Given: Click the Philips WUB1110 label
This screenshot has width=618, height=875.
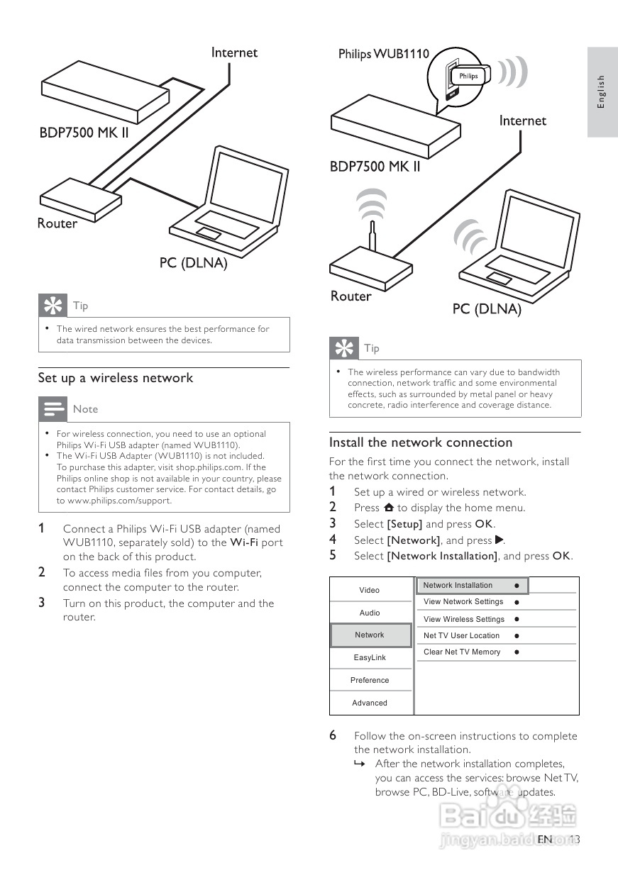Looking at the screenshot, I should [383, 53].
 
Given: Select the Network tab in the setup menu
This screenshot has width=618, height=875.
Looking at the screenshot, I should [370, 635].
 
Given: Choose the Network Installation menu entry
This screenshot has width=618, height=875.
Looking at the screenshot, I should [458, 585].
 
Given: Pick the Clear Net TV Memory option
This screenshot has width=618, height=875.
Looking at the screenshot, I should [462, 652].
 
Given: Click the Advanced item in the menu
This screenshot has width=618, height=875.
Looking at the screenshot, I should [370, 703].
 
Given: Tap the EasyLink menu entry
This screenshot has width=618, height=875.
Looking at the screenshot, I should [370, 657].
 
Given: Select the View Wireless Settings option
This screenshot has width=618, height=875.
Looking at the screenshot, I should [463, 619].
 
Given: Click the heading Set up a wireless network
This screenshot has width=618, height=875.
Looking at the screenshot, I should [115, 378].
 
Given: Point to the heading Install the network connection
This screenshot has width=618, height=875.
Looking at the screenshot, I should [420, 442].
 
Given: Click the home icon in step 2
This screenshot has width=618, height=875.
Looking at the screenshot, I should [388, 508].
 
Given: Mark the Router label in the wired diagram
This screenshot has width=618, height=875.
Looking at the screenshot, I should [57, 223].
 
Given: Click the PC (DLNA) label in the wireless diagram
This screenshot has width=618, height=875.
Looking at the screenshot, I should [487, 309].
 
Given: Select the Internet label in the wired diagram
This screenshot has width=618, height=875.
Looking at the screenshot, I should [234, 52].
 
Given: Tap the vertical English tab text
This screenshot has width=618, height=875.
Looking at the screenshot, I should [601, 91].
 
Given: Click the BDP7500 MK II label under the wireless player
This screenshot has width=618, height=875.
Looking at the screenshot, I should [375, 167].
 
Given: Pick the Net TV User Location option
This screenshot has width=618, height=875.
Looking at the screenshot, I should [461, 635].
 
